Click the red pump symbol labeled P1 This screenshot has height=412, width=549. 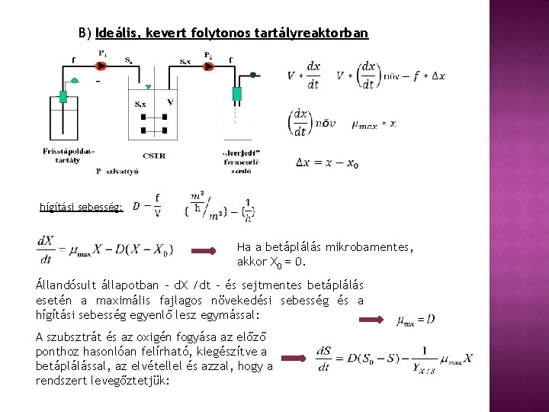[x=102, y=66]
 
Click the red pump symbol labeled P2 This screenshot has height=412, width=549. [x=209, y=67]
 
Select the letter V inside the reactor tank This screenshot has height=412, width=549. [x=169, y=102]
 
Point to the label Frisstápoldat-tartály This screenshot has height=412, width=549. [x=69, y=155]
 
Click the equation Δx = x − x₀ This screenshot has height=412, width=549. [x=327, y=163]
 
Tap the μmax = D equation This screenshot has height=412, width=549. [x=416, y=319]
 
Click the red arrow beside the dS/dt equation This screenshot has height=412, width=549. [x=295, y=356]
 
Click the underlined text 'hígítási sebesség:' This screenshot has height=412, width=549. [x=81, y=207]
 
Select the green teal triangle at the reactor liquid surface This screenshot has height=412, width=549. [x=148, y=88]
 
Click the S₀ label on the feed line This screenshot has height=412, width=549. [x=127, y=59]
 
